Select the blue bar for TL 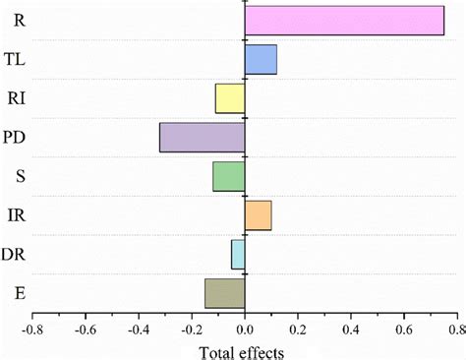(261, 60)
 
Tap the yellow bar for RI (230, 98)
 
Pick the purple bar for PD (202, 138)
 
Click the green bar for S (228, 176)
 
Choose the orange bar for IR (258, 215)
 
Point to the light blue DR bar (238, 254)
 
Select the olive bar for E (224, 293)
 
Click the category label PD (15, 137)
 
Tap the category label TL (15, 60)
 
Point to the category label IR (14, 214)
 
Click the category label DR (15, 254)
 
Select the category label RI (14, 98)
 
